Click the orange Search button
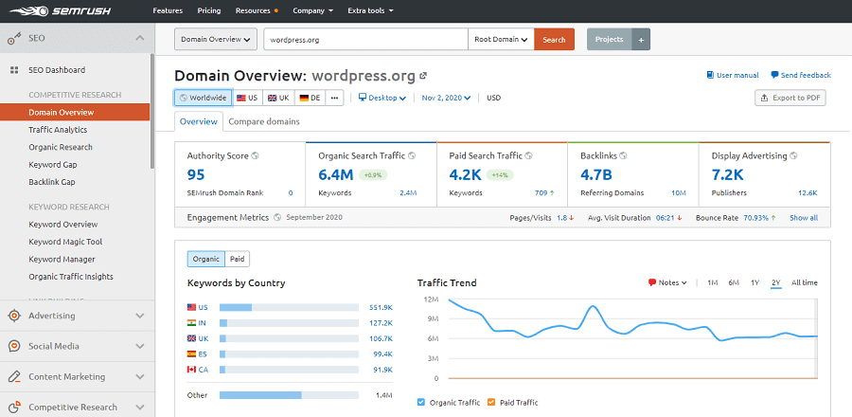[554, 39]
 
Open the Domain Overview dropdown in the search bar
[216, 39]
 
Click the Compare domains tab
[264, 121]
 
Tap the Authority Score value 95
[196, 174]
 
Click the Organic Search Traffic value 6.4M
[336, 174]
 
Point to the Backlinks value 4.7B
[596, 174]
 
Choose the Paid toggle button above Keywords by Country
[237, 258]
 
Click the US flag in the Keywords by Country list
[192, 307]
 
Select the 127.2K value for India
[381, 322]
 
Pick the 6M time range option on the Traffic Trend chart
[734, 282]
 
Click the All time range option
[804, 282]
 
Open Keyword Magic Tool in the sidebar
[65, 242]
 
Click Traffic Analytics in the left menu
[58, 130]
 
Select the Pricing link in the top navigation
[209, 10]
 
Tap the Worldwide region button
[203, 98]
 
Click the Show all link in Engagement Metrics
[804, 218]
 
